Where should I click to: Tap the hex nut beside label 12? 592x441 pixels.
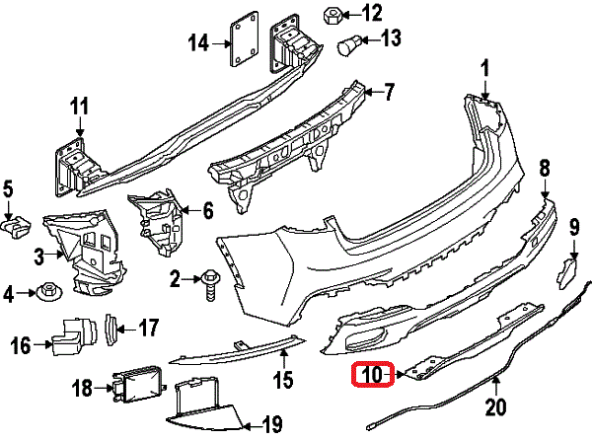[333, 16]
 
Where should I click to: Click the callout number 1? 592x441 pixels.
[484, 68]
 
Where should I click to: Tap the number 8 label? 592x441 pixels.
[544, 169]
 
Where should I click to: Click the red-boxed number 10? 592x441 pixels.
[372, 375]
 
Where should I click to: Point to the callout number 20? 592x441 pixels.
[495, 404]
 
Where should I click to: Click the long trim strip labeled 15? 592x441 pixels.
[237, 346]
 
